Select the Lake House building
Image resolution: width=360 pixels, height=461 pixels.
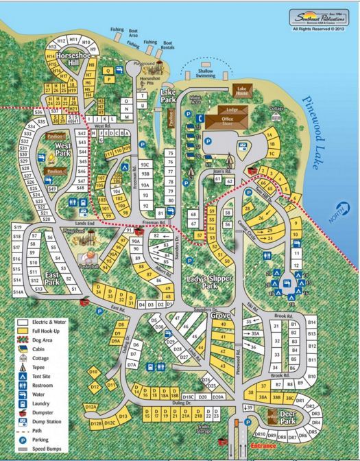click(x=242, y=90)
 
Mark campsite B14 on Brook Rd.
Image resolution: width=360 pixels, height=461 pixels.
click(x=312, y=322)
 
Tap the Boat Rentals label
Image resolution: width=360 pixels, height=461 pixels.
click(x=167, y=46)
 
